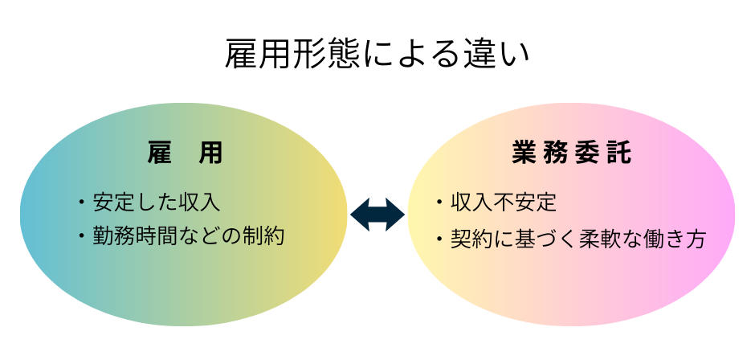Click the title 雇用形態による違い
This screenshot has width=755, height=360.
377,55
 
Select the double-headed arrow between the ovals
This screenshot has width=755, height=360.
377,215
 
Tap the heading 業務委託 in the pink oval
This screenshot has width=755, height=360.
571,153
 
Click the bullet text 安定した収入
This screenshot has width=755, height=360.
157,201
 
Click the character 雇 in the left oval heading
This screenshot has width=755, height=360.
161,153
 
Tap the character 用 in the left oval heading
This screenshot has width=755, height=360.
210,153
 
